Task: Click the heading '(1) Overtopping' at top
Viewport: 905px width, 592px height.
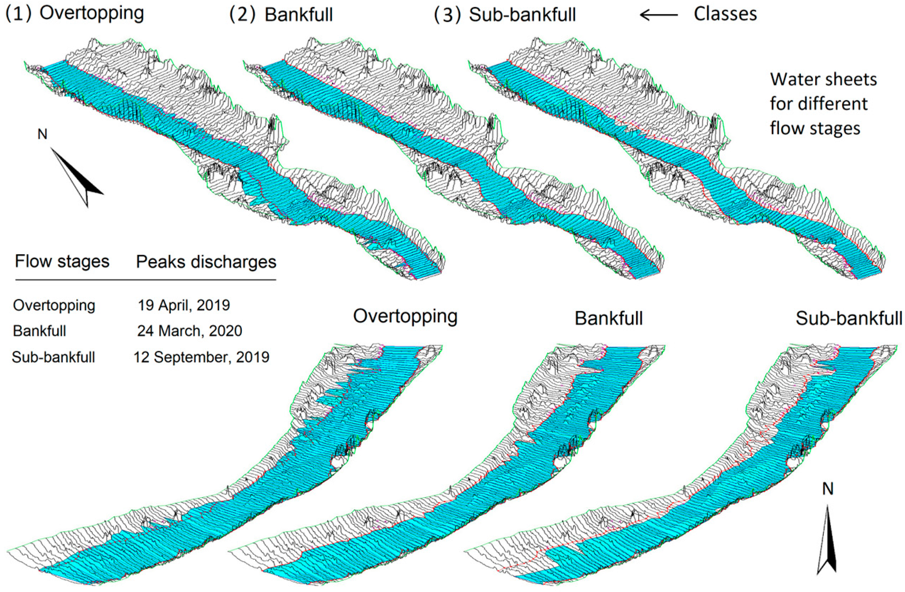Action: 74,14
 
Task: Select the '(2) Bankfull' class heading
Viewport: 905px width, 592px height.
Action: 281,15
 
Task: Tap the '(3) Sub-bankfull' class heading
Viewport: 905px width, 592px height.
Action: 505,15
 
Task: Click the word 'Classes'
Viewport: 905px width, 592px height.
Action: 725,14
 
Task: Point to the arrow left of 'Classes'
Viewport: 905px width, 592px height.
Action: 659,15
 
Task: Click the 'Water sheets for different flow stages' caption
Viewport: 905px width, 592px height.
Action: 823,103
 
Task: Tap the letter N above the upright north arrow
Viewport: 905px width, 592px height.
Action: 828,489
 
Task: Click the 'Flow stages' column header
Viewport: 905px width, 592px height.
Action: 62,262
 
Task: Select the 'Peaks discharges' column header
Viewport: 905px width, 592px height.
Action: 206,262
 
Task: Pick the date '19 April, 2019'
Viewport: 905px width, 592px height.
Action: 184,305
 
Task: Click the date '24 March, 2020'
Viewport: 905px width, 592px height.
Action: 189,331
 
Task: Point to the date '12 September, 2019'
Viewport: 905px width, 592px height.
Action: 201,357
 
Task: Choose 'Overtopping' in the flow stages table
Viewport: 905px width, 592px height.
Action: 54,305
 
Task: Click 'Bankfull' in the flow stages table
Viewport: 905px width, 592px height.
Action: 39,331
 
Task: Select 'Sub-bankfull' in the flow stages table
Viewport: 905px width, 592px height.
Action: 53,357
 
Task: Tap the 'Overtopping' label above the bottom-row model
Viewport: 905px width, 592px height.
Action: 405,316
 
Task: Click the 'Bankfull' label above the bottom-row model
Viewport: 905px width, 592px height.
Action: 608,318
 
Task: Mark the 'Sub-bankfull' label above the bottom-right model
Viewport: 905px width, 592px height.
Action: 849,318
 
